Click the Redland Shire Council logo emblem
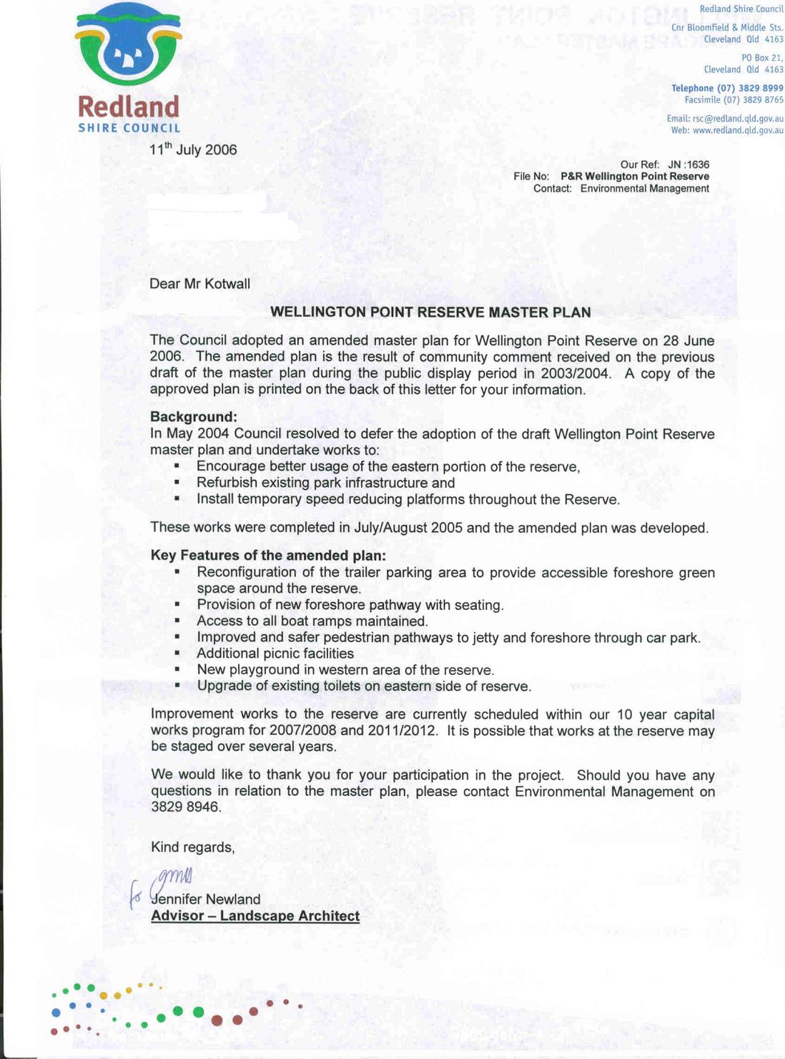click(x=129, y=44)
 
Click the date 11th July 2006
click(x=193, y=149)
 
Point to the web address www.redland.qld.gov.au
click(x=738, y=131)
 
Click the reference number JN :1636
click(x=688, y=164)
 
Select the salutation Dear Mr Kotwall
click(x=199, y=284)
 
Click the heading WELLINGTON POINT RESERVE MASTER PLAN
click(x=430, y=312)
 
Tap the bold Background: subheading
click(x=193, y=417)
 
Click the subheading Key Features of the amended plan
click(x=268, y=556)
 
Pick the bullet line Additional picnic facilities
click(x=275, y=654)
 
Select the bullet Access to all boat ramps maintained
click(x=312, y=621)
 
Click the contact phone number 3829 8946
click(x=185, y=807)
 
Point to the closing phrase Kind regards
click(x=192, y=847)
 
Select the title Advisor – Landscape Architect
click(x=255, y=916)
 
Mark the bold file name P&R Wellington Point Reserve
click(x=635, y=177)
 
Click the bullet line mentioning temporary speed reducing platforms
click(x=408, y=499)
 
